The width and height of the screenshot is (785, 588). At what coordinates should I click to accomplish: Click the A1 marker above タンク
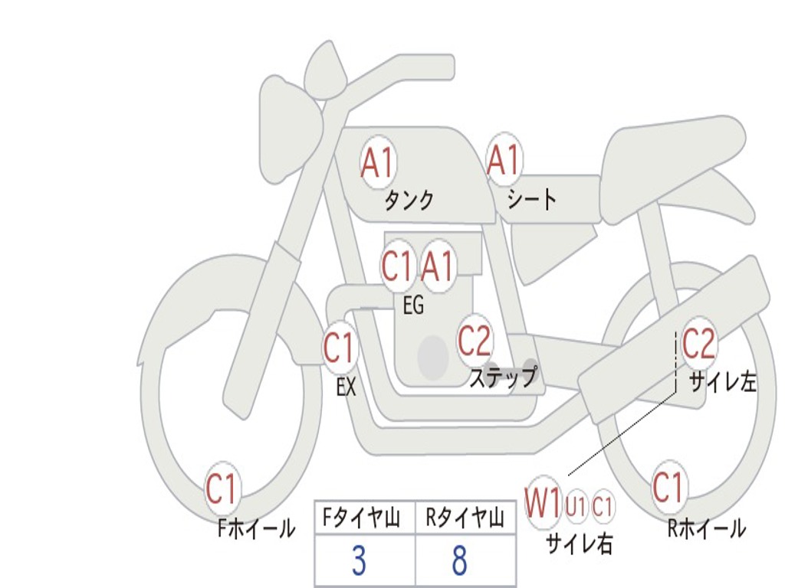(x=377, y=162)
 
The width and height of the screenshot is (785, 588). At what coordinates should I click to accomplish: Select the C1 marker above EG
(x=396, y=267)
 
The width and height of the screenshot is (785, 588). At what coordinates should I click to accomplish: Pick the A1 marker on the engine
(x=438, y=267)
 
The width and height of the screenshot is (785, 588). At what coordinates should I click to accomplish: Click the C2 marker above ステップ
(x=475, y=341)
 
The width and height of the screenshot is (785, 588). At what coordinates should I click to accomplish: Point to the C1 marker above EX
(x=339, y=349)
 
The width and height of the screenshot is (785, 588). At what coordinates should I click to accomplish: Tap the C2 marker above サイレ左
(x=698, y=344)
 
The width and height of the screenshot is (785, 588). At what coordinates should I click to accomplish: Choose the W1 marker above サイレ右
(x=543, y=504)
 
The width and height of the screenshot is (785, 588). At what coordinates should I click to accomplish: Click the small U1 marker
(x=576, y=506)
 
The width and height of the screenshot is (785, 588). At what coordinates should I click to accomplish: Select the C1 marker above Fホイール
(x=222, y=489)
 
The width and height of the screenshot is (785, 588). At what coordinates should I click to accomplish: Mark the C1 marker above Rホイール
(x=668, y=487)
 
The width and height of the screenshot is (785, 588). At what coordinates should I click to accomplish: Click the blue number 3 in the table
(x=359, y=562)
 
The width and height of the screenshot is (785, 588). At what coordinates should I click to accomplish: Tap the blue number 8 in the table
(x=459, y=562)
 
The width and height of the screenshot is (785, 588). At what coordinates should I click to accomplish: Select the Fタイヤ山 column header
(x=365, y=519)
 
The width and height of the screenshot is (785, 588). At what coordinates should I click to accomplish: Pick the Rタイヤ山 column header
(x=465, y=519)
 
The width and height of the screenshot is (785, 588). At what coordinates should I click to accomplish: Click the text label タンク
(x=409, y=201)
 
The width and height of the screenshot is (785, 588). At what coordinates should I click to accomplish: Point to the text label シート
(x=532, y=201)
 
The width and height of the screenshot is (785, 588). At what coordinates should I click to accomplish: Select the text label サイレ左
(x=722, y=381)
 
